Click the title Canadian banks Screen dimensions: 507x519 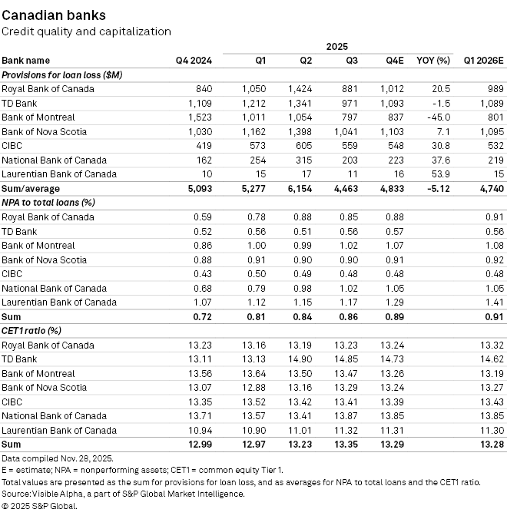click(54, 15)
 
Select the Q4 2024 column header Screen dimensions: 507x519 click(194, 61)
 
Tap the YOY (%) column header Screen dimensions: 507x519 click(433, 61)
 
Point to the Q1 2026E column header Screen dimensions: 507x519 click(483, 61)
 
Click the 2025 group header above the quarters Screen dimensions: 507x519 click(336, 46)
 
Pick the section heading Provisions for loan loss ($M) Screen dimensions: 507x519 click(62, 75)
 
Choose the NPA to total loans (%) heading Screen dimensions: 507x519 click(48, 203)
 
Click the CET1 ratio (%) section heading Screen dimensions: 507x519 click(31, 331)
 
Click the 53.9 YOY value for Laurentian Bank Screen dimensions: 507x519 click(441, 174)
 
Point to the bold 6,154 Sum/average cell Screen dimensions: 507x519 click(300, 189)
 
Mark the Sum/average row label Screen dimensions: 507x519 click(31, 189)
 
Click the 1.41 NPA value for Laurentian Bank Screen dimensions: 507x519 click(495, 302)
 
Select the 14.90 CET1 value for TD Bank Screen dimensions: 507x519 click(300, 359)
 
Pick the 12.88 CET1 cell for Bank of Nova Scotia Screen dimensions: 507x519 click(253, 388)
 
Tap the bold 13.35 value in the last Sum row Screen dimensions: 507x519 click(346, 445)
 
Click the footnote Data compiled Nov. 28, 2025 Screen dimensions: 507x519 click(58, 459)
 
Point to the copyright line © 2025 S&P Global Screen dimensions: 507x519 click(39, 506)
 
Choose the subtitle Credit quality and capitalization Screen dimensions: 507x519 click(87, 31)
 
